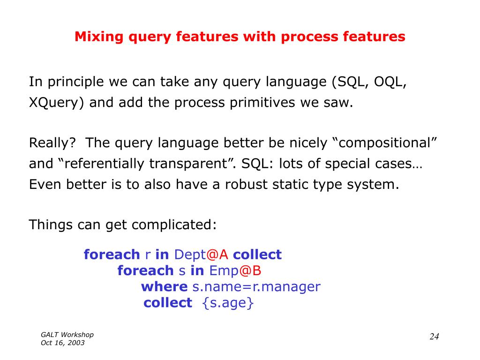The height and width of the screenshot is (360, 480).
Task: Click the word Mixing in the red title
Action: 99,37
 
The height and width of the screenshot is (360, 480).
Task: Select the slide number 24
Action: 435,337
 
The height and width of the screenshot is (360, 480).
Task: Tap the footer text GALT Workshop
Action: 67,335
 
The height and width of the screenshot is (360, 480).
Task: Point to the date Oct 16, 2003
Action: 62,343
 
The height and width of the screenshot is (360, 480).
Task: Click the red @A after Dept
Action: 217,255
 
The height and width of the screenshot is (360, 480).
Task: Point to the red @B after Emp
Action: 250,270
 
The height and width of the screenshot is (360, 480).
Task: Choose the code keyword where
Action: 165,287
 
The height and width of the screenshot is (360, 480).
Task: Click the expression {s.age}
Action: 228,303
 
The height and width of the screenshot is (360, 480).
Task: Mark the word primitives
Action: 262,103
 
